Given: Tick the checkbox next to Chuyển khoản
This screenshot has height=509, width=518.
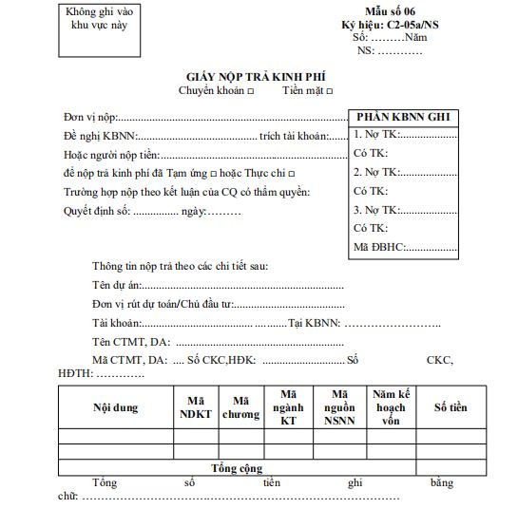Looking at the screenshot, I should [250, 91].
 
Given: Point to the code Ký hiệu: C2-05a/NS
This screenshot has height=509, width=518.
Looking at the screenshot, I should [390, 25].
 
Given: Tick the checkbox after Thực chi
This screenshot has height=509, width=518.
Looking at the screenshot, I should [291, 173].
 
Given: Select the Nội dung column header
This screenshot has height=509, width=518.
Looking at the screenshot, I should [115, 408].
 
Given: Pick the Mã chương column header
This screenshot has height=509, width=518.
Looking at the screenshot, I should [240, 408].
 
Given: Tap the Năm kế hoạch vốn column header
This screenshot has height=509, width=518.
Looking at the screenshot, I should [391, 408].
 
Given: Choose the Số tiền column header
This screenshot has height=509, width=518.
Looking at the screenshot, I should [451, 408].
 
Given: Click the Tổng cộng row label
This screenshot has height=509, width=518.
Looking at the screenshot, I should [237, 468].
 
